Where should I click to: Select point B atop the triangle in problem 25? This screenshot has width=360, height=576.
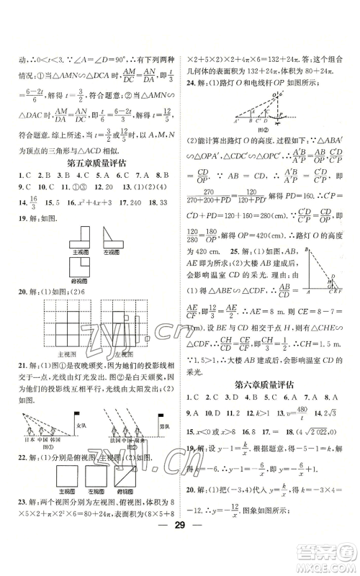coord(307,249)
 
